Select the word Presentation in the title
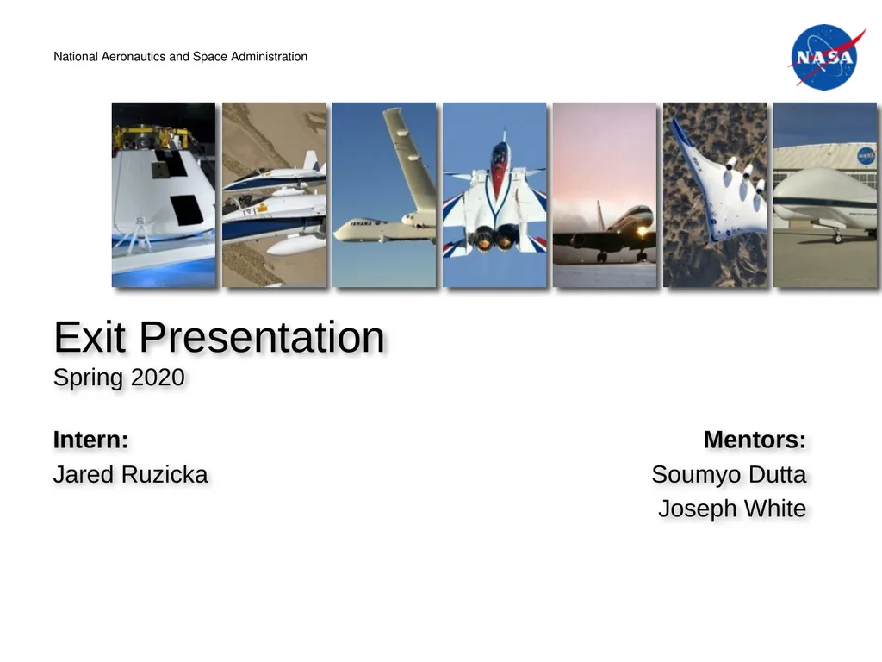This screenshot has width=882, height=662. [262, 337]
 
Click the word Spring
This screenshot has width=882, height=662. [89, 378]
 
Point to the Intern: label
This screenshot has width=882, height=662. [90, 440]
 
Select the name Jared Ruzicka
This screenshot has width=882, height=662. [130, 474]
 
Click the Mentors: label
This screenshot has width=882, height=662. [755, 440]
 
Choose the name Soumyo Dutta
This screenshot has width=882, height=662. [729, 474]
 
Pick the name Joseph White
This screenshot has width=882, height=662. [732, 509]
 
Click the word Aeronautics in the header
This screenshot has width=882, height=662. [135, 57]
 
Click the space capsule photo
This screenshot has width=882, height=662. [164, 195]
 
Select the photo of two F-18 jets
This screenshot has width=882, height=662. [274, 195]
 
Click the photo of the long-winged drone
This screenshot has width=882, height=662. [384, 195]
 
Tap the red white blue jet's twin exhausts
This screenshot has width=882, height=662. [495, 236]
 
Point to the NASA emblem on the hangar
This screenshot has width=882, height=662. [865, 156]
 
